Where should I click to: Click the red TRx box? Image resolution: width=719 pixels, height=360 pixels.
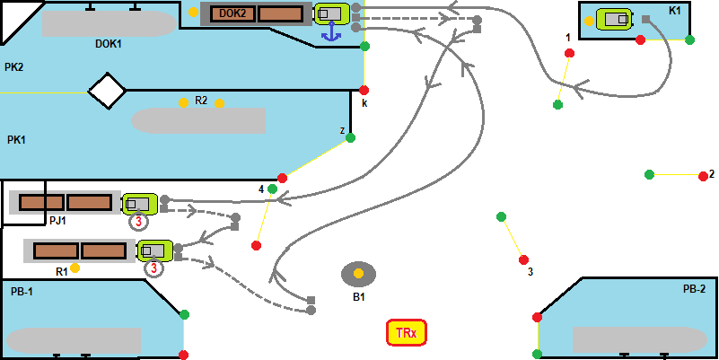[x=405, y=333]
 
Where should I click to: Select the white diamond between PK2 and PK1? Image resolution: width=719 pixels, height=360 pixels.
[x=107, y=90]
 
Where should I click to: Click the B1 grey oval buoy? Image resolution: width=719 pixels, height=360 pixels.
[x=358, y=273]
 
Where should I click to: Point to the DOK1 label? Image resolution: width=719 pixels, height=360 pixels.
[x=108, y=43]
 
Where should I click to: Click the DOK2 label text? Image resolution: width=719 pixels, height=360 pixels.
[x=232, y=13]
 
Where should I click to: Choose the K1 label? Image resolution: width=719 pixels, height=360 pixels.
[x=675, y=10]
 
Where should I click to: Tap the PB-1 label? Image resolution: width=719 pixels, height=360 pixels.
[x=22, y=292]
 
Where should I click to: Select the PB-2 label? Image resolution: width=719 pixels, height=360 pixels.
[x=694, y=289]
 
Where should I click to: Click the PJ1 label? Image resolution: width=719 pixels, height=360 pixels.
[x=57, y=220]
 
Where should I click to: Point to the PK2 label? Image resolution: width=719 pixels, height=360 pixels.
[x=13, y=67]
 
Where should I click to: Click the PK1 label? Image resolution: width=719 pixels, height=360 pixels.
[x=16, y=139]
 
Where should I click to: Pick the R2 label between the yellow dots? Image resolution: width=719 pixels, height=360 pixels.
[x=201, y=101]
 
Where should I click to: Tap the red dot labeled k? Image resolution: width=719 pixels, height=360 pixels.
[x=364, y=90]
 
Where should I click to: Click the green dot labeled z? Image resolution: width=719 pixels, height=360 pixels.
[x=351, y=137]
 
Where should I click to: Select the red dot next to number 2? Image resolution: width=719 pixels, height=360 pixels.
[x=703, y=176]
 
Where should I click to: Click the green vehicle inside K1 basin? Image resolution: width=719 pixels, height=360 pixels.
[x=614, y=20]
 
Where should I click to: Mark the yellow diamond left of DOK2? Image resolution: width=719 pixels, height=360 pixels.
[x=193, y=13]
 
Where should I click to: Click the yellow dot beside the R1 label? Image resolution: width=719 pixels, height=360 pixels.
[x=75, y=268]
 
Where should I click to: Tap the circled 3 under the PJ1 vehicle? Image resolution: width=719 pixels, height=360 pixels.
[x=139, y=222]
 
